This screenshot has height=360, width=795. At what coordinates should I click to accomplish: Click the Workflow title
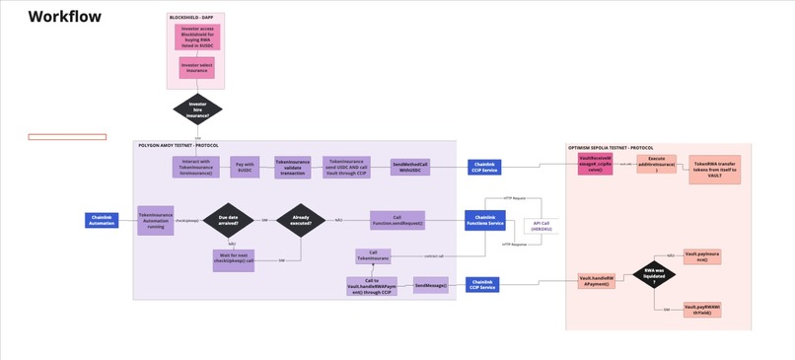[64, 17]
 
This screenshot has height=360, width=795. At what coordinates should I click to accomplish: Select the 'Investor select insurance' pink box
[196, 68]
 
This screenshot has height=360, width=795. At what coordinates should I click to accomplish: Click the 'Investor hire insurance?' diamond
[197, 109]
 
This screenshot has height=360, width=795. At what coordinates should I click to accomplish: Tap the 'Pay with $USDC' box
[245, 167]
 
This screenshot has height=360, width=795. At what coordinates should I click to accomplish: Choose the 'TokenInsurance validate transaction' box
[292, 168]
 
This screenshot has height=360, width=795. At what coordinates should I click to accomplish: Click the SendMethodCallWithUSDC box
[410, 167]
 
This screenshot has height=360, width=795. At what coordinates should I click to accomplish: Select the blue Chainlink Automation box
[102, 220]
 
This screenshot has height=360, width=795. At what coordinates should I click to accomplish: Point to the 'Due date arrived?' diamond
[228, 220]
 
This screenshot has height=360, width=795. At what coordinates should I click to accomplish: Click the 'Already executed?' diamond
[301, 220]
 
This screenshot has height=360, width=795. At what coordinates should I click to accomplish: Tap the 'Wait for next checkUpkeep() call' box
[234, 260]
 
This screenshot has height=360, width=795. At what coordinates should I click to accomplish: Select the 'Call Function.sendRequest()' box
[397, 220]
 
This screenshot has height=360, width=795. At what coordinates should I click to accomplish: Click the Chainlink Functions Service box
[484, 220]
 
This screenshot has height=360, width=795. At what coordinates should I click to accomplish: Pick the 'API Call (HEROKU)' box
[541, 226]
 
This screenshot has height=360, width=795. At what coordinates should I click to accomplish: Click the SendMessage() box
[430, 285]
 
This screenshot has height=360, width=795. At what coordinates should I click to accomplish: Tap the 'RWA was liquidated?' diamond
[653, 273]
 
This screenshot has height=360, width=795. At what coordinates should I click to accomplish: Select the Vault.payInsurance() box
[702, 256]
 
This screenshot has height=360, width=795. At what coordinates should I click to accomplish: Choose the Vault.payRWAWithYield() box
[702, 310]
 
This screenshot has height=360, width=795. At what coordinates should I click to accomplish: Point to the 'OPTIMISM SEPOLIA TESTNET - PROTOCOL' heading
[611, 148]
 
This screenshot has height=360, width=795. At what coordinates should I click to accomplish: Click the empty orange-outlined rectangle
[67, 136]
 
